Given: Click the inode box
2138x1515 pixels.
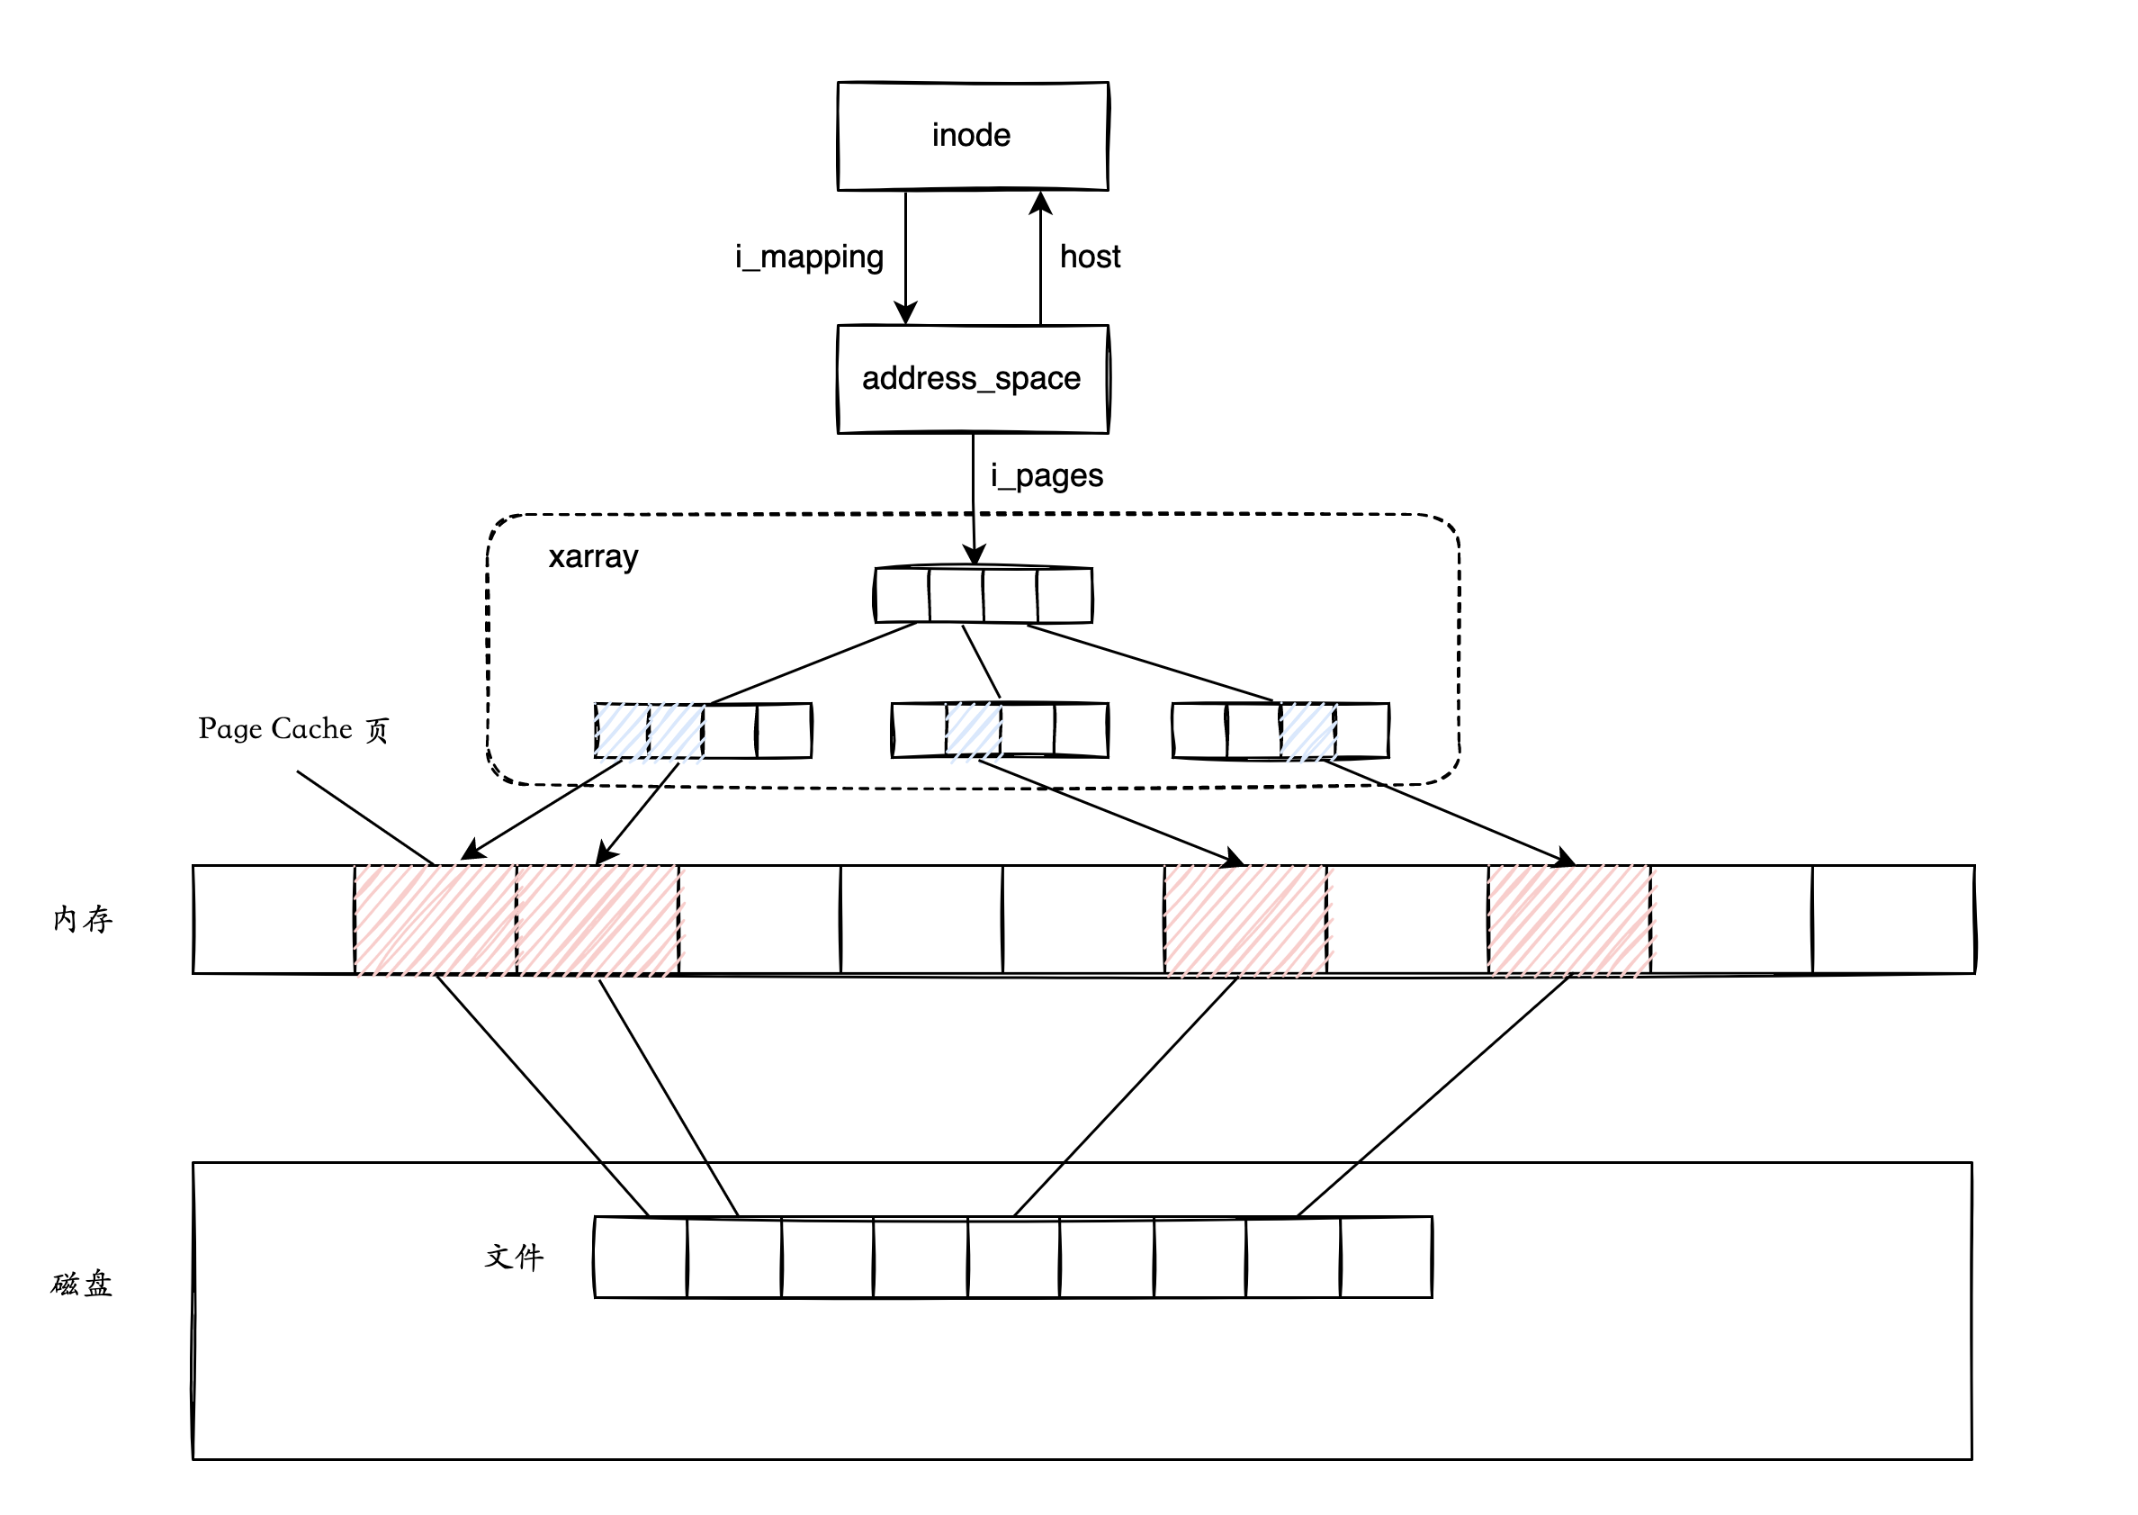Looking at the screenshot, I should [972, 136].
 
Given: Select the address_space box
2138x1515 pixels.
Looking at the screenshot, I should [972, 379].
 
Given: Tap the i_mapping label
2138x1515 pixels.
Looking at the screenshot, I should [808, 257].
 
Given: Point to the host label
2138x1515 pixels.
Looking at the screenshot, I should [1089, 257].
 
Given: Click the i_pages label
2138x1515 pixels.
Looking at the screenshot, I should [1047, 476].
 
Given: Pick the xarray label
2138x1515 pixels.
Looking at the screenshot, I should [593, 557].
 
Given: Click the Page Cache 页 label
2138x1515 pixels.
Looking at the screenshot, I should [292, 728].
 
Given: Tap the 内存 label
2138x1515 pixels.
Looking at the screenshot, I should [83, 920].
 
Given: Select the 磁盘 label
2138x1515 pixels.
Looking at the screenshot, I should [82, 1285].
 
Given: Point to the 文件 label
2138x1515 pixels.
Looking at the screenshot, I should [514, 1257].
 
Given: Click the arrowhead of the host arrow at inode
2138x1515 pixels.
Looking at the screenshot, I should [1040, 202].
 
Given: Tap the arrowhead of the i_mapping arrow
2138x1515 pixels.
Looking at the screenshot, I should [905, 313].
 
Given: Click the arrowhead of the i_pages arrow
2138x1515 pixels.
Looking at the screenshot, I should [975, 555].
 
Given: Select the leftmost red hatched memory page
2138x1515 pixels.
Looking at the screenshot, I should [436, 920].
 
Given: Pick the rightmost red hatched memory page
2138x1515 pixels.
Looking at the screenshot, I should [1569, 920].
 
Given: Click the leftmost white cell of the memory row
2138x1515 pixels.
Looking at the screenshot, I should [274, 920].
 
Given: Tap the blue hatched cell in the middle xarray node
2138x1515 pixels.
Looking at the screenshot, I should [974, 730].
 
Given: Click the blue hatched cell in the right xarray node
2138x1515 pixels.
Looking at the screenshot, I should [1307, 730].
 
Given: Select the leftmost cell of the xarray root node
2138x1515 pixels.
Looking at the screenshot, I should [902, 595].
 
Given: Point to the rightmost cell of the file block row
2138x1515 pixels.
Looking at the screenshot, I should [1386, 1258].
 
